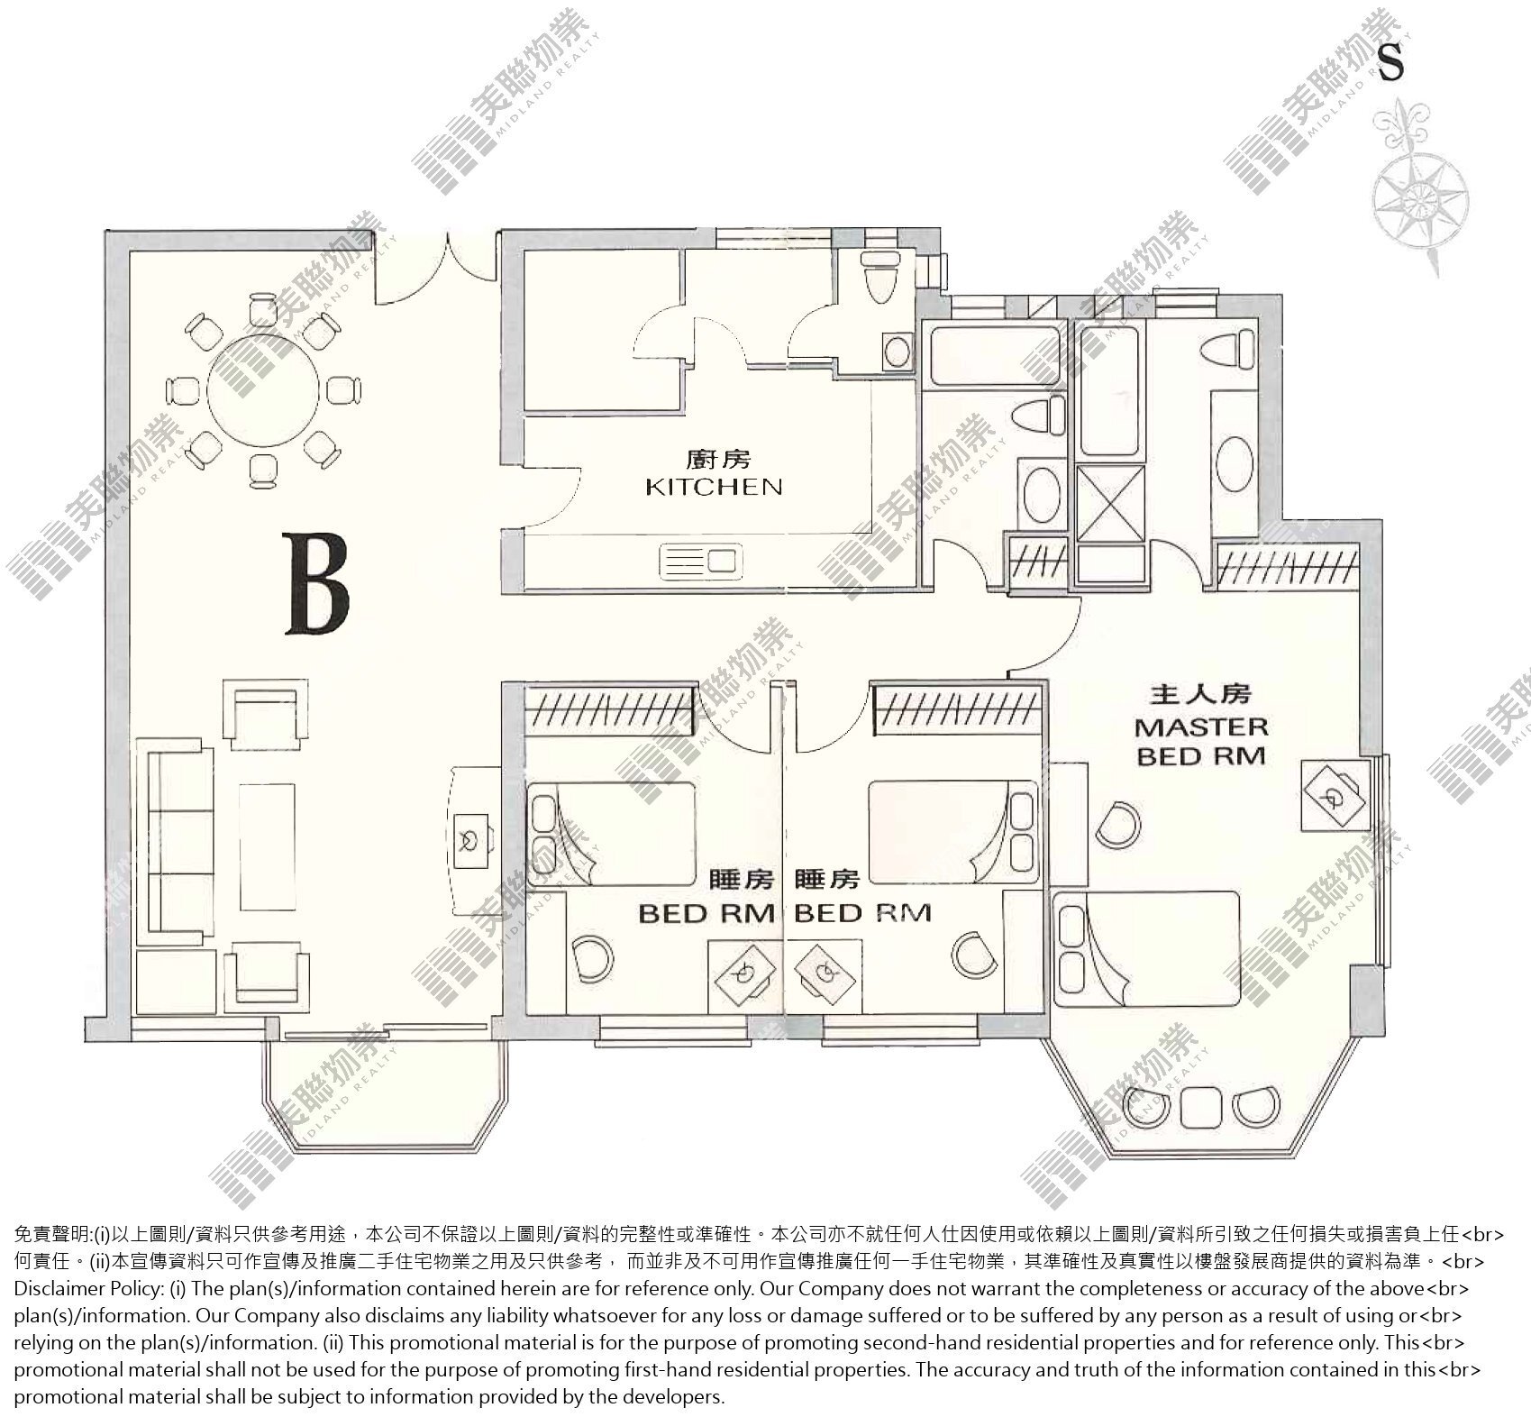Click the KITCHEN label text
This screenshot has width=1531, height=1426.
pos(714,488)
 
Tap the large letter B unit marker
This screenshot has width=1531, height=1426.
pos(316,583)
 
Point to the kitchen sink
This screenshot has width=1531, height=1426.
pos(703,561)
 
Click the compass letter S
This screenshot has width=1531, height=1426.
pos(1391,62)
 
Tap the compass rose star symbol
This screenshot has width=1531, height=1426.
pos(1421,195)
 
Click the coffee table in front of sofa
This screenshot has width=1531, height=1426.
pos(267,833)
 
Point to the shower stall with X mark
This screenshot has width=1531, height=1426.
pos(1112,503)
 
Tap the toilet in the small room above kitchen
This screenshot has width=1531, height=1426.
pos(878,276)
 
